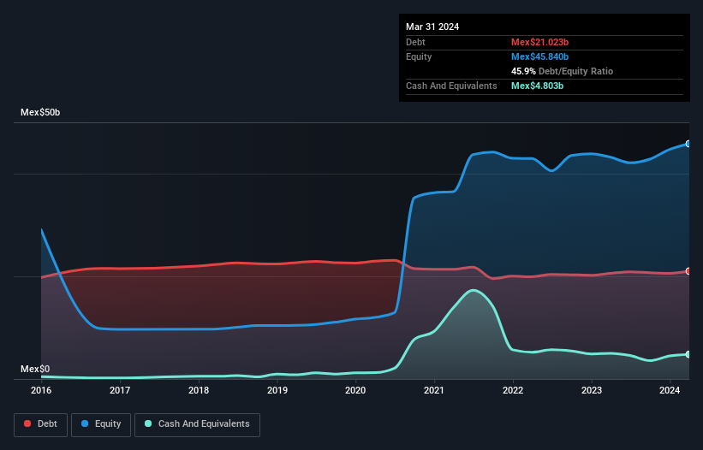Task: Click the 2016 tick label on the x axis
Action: pyautogui.click(x=41, y=390)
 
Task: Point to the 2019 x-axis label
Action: pyautogui.click(x=277, y=390)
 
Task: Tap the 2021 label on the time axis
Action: pyautogui.click(x=435, y=390)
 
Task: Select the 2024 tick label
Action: pyautogui.click(x=670, y=390)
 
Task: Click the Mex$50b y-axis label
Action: pyautogui.click(x=41, y=113)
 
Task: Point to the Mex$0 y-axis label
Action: pyautogui.click(x=35, y=369)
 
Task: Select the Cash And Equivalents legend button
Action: pyautogui.click(x=197, y=423)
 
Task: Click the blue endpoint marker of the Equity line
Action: pyautogui.click(x=688, y=144)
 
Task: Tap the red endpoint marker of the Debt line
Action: pyautogui.click(x=688, y=271)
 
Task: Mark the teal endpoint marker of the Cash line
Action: pyautogui.click(x=688, y=354)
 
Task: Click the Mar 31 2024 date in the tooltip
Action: pyautogui.click(x=432, y=27)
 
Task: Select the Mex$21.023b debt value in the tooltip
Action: pyautogui.click(x=539, y=42)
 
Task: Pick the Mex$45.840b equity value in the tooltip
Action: pyautogui.click(x=539, y=56)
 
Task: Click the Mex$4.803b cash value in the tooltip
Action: pyautogui.click(x=537, y=86)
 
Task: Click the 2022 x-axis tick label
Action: pyautogui.click(x=513, y=390)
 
